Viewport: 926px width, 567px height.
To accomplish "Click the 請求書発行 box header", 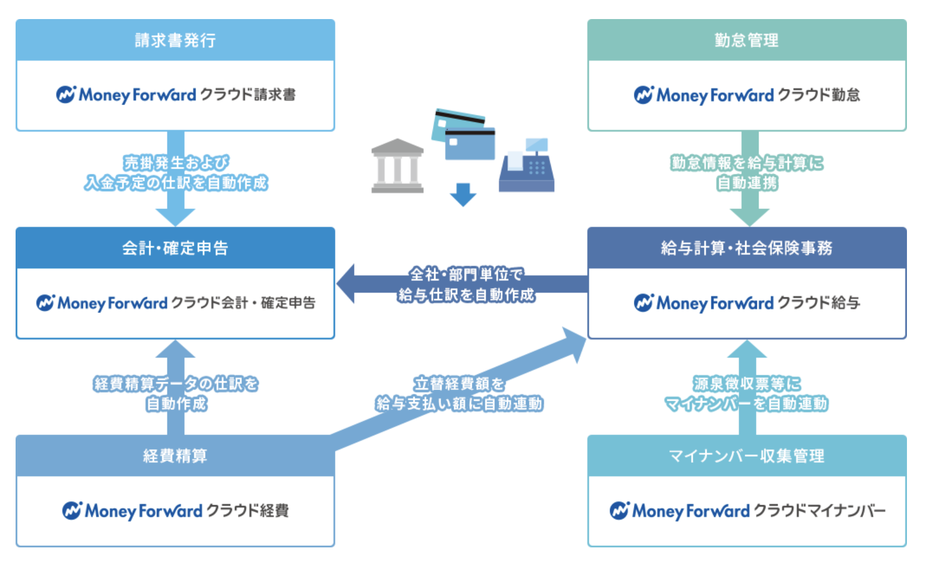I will (x=175, y=40).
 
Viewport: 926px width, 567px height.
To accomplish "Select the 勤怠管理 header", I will (x=746, y=40).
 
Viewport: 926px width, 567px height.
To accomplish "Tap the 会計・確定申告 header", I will (x=175, y=248).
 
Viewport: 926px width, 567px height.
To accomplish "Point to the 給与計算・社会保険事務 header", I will (x=746, y=248).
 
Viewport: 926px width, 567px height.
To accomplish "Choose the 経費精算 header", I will (x=175, y=456).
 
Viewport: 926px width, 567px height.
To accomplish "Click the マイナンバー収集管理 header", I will (x=746, y=456).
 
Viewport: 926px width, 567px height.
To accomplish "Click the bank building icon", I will (x=397, y=166).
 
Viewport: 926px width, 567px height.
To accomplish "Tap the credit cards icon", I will (x=464, y=134).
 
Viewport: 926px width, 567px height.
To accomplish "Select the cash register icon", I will (x=527, y=166).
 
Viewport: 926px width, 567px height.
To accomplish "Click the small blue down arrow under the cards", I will (x=462, y=195).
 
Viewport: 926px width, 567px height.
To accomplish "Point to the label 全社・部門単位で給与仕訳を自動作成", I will (x=466, y=285).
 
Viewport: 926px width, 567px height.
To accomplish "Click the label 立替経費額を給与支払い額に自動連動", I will (x=459, y=394).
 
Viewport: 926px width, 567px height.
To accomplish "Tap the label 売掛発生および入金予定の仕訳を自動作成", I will (x=176, y=173).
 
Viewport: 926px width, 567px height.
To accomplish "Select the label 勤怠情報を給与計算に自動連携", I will (x=747, y=173).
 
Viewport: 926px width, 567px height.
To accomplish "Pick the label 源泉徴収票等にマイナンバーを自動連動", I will (x=746, y=394).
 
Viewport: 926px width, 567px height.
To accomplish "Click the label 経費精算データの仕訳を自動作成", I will (x=176, y=394).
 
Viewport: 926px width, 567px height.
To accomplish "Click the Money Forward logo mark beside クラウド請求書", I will (x=66, y=94).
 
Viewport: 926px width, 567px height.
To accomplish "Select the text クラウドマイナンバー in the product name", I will (x=820, y=510).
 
